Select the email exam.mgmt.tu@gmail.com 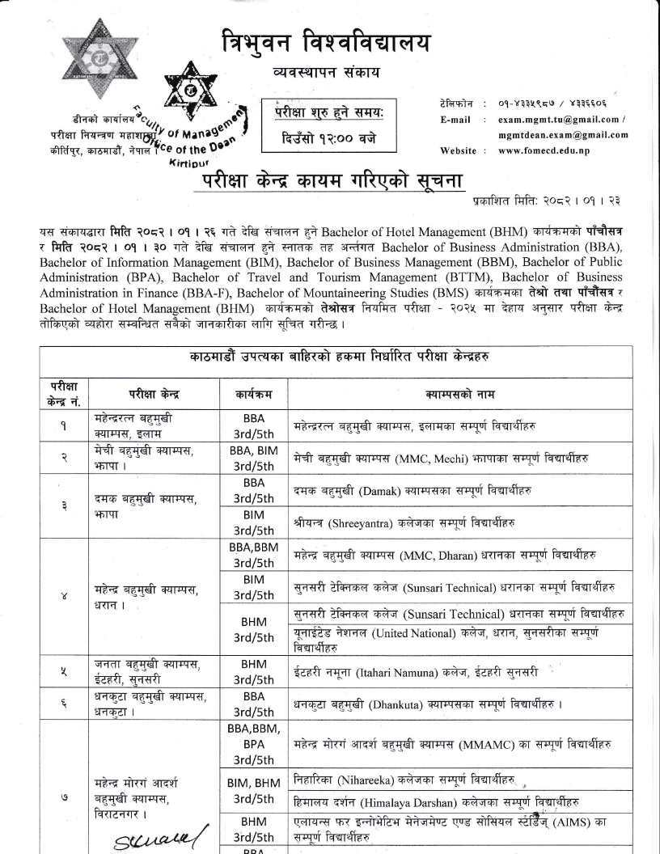pyautogui.click(x=559, y=119)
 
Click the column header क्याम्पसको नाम pyautogui.click(x=456, y=394)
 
